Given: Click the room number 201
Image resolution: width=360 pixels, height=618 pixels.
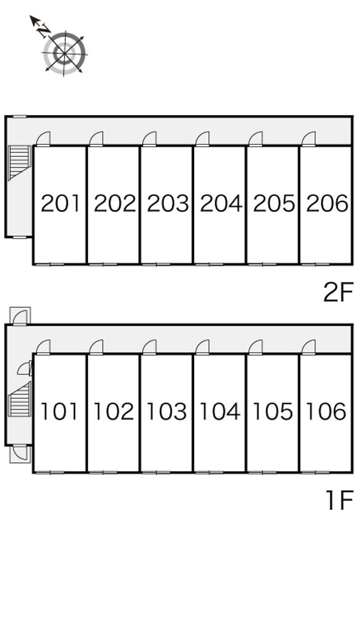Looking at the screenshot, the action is point(60,203).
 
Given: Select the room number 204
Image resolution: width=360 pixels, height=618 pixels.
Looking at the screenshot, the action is point(221,203).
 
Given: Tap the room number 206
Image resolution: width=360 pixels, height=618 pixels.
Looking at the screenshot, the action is point(327,203).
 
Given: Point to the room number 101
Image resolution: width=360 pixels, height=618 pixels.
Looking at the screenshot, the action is point(59,411).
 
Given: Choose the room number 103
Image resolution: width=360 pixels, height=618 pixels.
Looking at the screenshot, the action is point(166,411).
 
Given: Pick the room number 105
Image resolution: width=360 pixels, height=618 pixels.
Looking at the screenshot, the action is point(273,411).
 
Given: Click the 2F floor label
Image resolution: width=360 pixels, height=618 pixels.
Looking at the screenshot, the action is point(338,292).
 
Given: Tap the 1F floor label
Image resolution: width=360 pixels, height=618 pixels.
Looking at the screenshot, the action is point(339,500).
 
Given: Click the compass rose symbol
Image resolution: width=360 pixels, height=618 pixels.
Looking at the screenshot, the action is point(64,53).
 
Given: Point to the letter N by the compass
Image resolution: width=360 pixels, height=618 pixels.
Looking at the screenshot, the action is point(44,30).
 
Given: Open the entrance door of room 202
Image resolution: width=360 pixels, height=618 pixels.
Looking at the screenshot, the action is point(96,139).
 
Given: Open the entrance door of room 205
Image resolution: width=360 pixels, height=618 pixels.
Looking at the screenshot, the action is point(256,139).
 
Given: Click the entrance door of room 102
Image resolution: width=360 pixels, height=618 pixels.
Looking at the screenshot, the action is point(96,347).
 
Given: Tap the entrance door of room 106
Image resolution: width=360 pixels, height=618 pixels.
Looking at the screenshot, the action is point(309,347).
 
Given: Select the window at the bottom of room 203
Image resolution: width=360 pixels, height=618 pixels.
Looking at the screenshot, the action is point(156,264).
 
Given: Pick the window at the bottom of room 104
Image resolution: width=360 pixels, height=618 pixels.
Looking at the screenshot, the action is point(209,472).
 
